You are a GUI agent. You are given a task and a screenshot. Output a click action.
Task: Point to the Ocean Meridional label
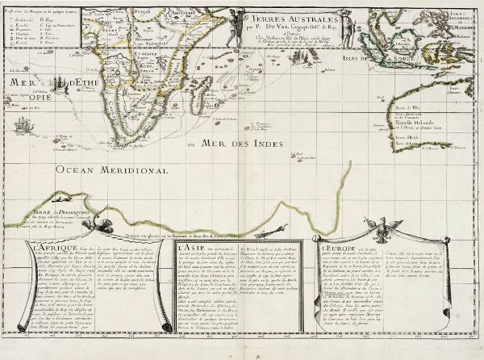105,170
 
